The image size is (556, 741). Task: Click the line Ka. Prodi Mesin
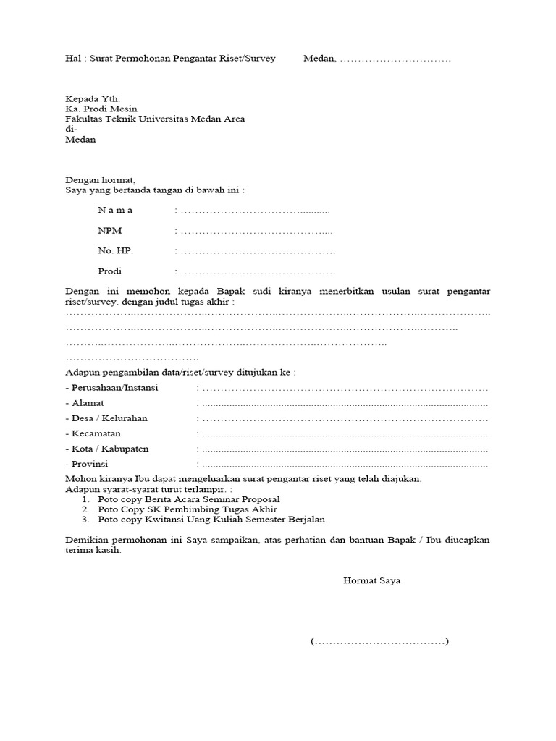click(x=101, y=109)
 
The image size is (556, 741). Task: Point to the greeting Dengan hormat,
click(x=101, y=180)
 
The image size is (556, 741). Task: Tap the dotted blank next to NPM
click(x=256, y=232)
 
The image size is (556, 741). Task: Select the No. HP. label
click(x=116, y=251)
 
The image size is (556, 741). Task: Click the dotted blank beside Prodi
click(x=258, y=272)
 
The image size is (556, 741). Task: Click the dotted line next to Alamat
click(x=345, y=404)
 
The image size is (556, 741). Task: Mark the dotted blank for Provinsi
click(x=345, y=465)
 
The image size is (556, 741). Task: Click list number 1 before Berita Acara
click(x=85, y=499)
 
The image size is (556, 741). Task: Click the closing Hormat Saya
click(x=371, y=581)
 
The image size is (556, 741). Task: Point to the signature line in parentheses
click(x=380, y=642)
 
